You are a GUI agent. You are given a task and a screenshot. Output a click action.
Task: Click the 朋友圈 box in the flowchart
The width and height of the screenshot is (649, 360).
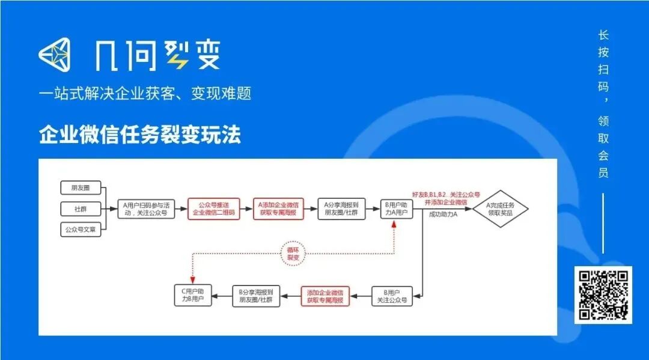[x=81, y=188]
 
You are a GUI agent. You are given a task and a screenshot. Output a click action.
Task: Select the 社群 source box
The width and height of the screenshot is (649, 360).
[x=81, y=209]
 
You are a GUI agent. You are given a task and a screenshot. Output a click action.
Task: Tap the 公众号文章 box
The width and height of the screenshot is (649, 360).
[x=81, y=230]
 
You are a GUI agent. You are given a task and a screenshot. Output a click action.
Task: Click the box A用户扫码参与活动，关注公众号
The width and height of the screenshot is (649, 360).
[x=145, y=209]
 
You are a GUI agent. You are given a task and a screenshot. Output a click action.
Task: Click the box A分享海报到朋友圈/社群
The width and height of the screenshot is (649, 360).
[x=341, y=209]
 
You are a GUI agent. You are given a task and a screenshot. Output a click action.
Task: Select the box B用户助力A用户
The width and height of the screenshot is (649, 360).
[x=397, y=209]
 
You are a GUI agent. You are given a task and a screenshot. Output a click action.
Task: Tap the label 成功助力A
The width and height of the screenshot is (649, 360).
[x=443, y=215]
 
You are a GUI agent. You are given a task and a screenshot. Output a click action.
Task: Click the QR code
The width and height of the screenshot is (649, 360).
[x=603, y=294]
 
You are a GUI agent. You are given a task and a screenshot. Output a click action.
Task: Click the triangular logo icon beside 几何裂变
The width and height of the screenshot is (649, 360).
[x=55, y=55]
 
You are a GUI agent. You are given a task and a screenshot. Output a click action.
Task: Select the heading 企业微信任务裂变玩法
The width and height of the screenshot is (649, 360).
[x=140, y=135]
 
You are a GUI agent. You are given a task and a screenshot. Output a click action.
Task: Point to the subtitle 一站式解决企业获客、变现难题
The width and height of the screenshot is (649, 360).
[x=145, y=93]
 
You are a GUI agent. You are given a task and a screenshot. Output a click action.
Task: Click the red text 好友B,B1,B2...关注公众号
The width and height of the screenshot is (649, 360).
[x=446, y=195]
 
